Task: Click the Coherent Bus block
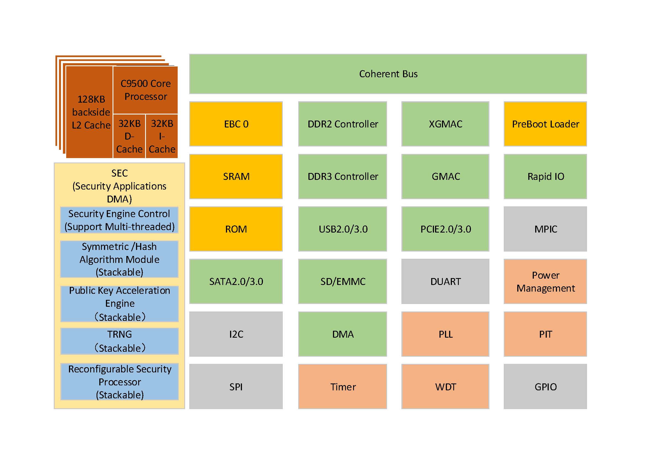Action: click(388, 74)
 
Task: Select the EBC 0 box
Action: click(236, 124)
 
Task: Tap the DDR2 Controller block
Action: click(342, 124)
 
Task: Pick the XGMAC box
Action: click(445, 124)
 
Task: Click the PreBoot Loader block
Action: click(545, 124)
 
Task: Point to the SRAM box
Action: click(236, 177)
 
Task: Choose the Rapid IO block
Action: click(545, 177)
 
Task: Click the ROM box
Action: click(236, 229)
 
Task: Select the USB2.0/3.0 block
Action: click(342, 229)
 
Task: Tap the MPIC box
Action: click(545, 229)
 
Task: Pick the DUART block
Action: click(445, 281)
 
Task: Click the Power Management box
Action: click(545, 281)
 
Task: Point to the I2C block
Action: click(236, 334)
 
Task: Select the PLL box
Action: click(445, 334)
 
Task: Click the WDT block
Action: click(445, 386)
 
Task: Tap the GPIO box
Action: click(545, 386)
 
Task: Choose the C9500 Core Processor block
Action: click(145, 90)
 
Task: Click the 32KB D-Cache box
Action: click(129, 136)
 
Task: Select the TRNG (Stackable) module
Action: click(119, 341)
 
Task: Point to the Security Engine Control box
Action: click(119, 220)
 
